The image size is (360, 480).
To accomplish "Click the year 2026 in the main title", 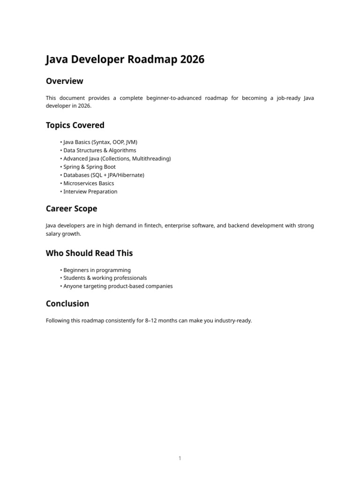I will pyautogui.click(x=191, y=60).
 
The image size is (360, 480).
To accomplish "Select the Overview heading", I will pyautogui.click(x=64, y=81).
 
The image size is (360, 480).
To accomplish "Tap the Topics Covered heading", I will pyautogui.click(x=75, y=125).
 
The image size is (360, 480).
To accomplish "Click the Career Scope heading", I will pyautogui.click(x=71, y=209).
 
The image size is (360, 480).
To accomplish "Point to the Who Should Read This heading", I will pyautogui.click(x=89, y=253).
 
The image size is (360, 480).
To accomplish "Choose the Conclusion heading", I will pyautogui.click(x=67, y=304).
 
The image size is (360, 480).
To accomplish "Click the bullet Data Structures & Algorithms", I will pyautogui.click(x=99, y=150).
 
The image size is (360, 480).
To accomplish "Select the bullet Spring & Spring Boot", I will pyautogui.click(x=89, y=167).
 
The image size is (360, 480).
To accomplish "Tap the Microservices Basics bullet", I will pyautogui.click(x=89, y=183).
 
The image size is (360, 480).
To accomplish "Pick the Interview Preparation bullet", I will pyautogui.click(x=90, y=192).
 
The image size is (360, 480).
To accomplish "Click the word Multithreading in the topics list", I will pyautogui.click(x=151, y=158).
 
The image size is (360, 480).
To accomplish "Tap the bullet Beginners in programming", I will pyautogui.click(x=97, y=270).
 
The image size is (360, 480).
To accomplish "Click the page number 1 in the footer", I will pyautogui.click(x=180, y=458).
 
